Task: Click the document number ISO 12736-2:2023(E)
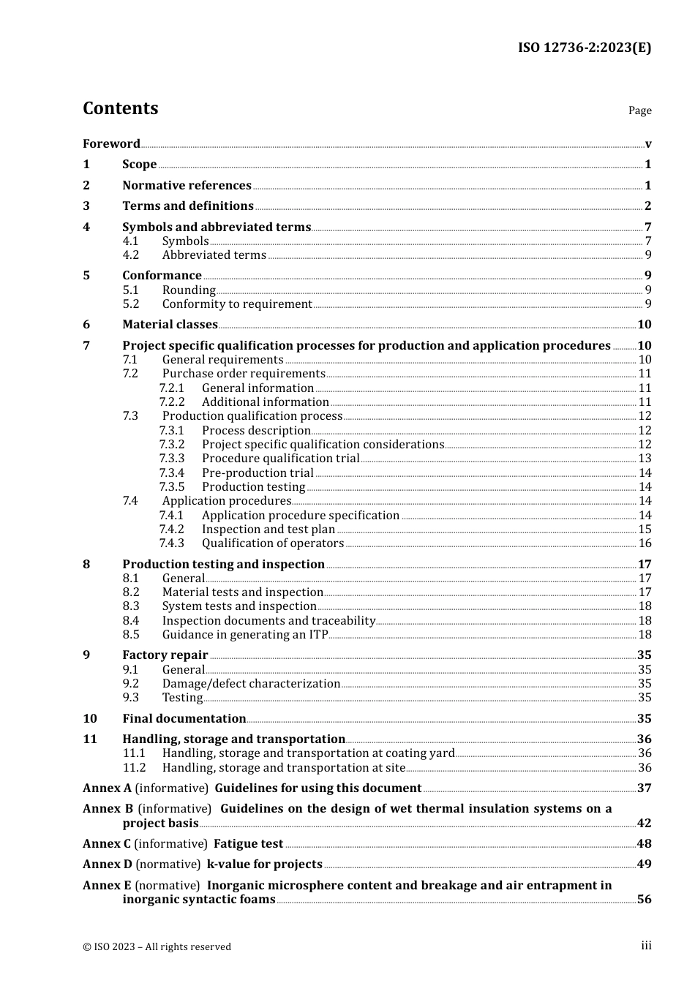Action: (x=584, y=48)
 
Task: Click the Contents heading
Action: (x=120, y=108)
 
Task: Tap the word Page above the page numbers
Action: (x=639, y=110)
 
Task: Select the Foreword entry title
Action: (x=111, y=144)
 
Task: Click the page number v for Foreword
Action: (x=647, y=144)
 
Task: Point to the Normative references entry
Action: (x=187, y=186)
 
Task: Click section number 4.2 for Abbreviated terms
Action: (x=130, y=255)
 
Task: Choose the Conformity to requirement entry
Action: (x=236, y=304)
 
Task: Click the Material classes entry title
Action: (x=170, y=325)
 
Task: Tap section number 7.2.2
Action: (x=172, y=402)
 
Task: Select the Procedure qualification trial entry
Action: (x=280, y=459)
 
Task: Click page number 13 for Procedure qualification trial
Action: (x=645, y=459)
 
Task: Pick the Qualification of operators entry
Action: (x=272, y=543)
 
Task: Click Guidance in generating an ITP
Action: (x=244, y=635)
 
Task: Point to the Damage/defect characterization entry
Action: (x=251, y=684)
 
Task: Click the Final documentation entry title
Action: (x=184, y=719)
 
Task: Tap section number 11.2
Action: (x=134, y=768)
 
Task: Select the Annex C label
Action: (x=107, y=844)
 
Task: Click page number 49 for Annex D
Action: (x=644, y=865)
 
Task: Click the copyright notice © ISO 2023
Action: (x=157, y=946)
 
